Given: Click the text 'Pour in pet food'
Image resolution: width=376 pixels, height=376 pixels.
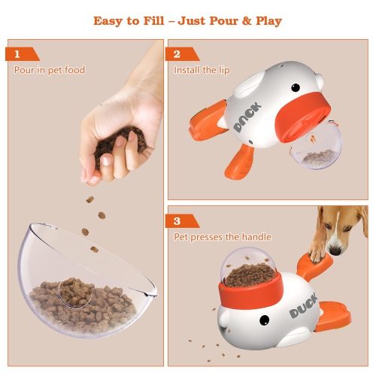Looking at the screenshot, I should [x=50, y=70].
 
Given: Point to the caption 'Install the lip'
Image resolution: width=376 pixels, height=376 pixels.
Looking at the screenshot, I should [x=202, y=70].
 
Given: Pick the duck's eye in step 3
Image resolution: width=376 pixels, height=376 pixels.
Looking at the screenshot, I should [x=265, y=321].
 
